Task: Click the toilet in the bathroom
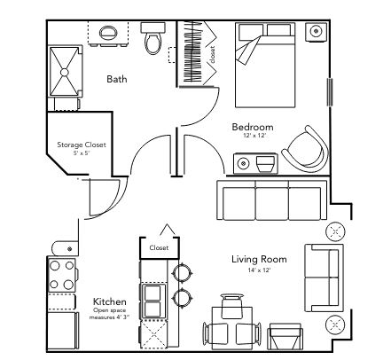pyautogui.click(x=152, y=38)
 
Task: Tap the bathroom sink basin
pyautogui.click(x=108, y=32)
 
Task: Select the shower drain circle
pyautogui.click(x=65, y=72)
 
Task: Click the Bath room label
pyautogui.click(x=117, y=79)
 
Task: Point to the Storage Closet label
pyautogui.click(x=82, y=145)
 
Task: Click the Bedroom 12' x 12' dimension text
pyautogui.click(x=254, y=136)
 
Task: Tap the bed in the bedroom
pyautogui.click(x=265, y=65)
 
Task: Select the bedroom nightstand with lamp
pyautogui.click(x=316, y=31)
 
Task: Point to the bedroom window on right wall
pyautogui.click(x=330, y=92)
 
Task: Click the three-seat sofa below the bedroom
pyautogui.click(x=272, y=200)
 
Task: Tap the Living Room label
pyautogui.click(x=259, y=259)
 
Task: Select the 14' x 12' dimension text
pyautogui.click(x=259, y=270)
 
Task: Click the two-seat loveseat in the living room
pyautogui.click(x=324, y=278)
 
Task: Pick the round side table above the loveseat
pyautogui.click(x=335, y=231)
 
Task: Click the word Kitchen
pyautogui.click(x=110, y=301)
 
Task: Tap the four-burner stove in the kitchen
pyautogui.click(x=62, y=275)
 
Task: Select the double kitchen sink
pyautogui.click(x=152, y=301)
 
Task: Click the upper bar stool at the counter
pyautogui.click(x=183, y=273)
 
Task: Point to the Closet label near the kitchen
pyautogui.click(x=159, y=247)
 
